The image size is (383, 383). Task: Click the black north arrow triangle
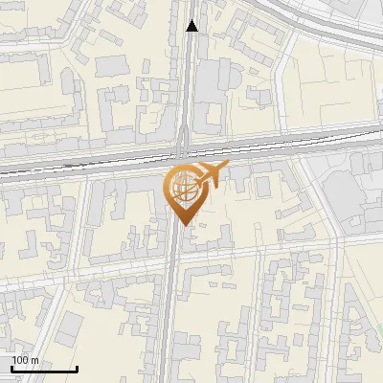pos(192,26)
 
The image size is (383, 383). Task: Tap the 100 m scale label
pos(25,360)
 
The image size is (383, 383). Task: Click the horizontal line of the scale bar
pos(44,369)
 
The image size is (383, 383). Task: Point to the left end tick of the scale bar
pos(11,367)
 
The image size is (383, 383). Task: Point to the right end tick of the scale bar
pos(77,367)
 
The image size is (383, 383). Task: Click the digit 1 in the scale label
pos(14,360)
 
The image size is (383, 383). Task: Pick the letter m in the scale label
pos(35,361)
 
